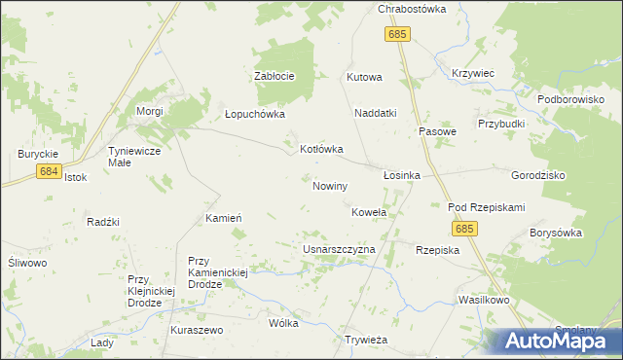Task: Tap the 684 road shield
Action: tap(50, 171)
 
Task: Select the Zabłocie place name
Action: tap(274, 76)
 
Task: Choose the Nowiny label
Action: tap(330, 185)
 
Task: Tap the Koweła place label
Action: tap(368, 211)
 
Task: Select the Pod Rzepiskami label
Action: tap(486, 207)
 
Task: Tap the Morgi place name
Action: tap(149, 112)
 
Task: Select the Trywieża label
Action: tap(367, 340)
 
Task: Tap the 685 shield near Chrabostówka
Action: tap(396, 34)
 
